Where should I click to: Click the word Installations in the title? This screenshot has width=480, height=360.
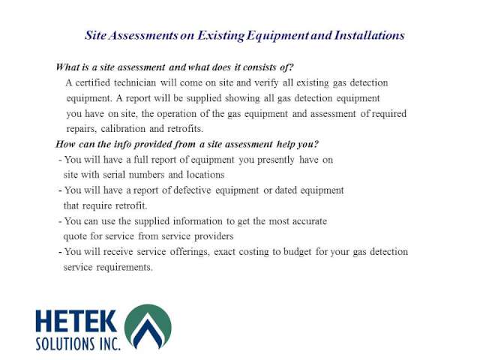[x=370, y=35]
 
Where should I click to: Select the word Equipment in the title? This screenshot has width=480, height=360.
[x=278, y=36]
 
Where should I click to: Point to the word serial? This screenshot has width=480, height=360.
[x=114, y=175]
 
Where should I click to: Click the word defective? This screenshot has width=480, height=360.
[x=192, y=190]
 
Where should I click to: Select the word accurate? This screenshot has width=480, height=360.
[x=310, y=221]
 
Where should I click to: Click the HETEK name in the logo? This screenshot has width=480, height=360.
[x=76, y=321]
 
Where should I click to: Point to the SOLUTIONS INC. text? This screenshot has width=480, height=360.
[x=78, y=343]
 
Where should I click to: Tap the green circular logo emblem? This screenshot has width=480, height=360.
[x=148, y=327]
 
